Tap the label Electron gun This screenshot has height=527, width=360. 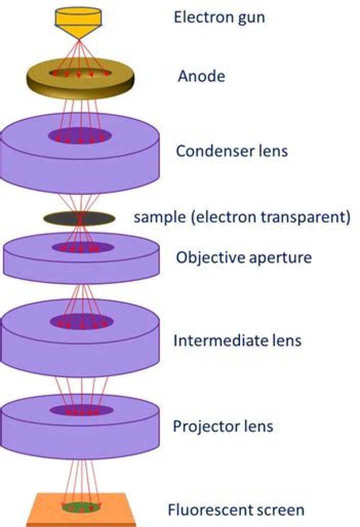point(219,17)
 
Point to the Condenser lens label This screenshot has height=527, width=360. point(231,151)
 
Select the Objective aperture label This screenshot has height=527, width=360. point(243,257)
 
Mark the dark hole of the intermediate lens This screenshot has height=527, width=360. point(81,321)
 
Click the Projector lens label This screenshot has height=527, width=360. point(223,426)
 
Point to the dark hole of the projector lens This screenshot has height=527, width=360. point(81,410)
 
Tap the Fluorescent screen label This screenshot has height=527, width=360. point(236,510)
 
